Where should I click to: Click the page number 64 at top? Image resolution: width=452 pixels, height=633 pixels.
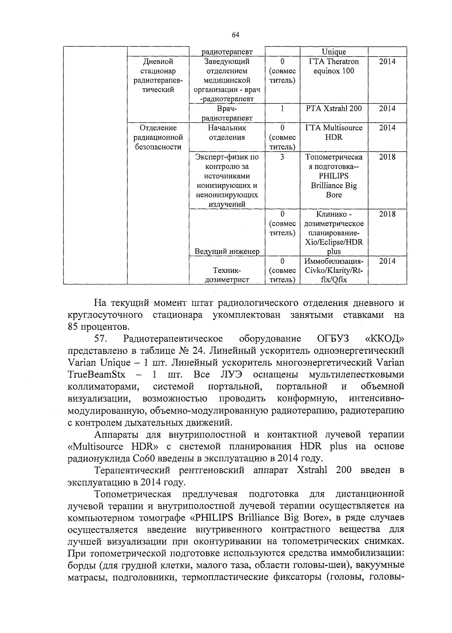click(x=235, y=35)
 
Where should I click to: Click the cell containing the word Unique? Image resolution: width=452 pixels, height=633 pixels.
click(x=334, y=52)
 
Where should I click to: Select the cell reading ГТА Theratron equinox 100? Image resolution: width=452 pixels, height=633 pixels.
click(x=334, y=66)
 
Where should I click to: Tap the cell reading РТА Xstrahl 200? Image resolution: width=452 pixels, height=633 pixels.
click(x=334, y=109)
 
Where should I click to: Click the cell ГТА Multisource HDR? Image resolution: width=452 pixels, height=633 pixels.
click(x=334, y=132)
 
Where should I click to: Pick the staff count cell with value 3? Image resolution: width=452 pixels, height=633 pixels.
click(x=282, y=157)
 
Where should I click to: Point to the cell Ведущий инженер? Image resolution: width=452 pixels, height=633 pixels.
click(x=227, y=251)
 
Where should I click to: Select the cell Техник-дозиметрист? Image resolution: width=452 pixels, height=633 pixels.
click(x=227, y=275)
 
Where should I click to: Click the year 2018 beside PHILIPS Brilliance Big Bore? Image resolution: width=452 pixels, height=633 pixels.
click(x=387, y=157)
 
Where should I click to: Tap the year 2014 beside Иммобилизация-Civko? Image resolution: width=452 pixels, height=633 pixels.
click(x=387, y=261)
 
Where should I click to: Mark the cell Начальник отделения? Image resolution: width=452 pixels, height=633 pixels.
click(x=227, y=132)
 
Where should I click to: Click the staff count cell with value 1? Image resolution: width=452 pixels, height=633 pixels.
click(x=282, y=109)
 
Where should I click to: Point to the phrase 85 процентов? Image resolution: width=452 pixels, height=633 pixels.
click(x=99, y=326)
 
